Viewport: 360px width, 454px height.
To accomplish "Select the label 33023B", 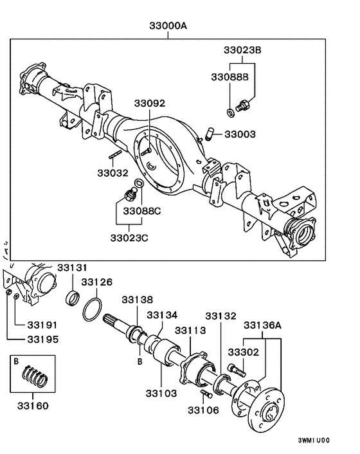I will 243,50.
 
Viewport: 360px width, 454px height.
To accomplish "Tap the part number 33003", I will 240,134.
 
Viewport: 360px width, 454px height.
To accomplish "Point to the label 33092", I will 149,103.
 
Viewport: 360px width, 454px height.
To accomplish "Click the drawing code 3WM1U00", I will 314,440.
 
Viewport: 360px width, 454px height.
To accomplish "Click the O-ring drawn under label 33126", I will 92,309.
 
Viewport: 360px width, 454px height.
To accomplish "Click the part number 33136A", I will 264,325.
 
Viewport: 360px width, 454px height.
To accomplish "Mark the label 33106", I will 204,410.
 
